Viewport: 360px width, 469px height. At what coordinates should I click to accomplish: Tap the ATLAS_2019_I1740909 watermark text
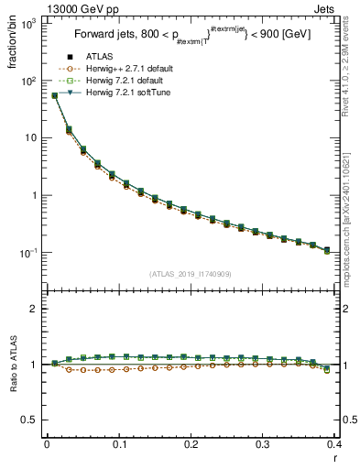190,274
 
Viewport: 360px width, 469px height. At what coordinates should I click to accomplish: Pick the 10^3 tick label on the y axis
27,24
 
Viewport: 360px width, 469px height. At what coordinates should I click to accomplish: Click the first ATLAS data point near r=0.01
54,95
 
